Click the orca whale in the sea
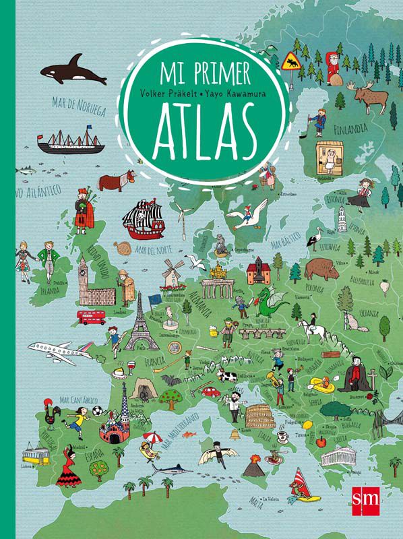pyautogui.click(x=72, y=73)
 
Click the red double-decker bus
pyautogui.click(x=91, y=317)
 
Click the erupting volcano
pyautogui.click(x=255, y=466)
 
